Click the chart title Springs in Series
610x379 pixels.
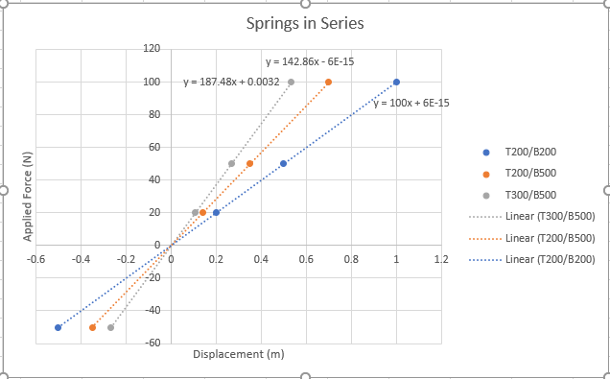pyautogui.click(x=304, y=22)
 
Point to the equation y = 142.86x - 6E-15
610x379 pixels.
pyautogui.click(x=309, y=61)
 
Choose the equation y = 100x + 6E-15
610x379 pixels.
pyautogui.click(x=411, y=103)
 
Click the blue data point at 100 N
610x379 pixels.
pyautogui.click(x=396, y=82)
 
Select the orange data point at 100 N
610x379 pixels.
pyautogui.click(x=328, y=82)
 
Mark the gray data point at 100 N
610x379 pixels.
pyautogui.click(x=291, y=82)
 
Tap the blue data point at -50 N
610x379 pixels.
pyautogui.click(x=58, y=327)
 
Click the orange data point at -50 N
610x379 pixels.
pyautogui.click(x=92, y=327)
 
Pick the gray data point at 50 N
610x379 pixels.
pyautogui.click(x=231, y=163)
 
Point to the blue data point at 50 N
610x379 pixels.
pyautogui.click(x=283, y=163)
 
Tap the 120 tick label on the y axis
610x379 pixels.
pyautogui.click(x=151, y=48)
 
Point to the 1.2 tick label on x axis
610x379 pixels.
pyautogui.click(x=441, y=259)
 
